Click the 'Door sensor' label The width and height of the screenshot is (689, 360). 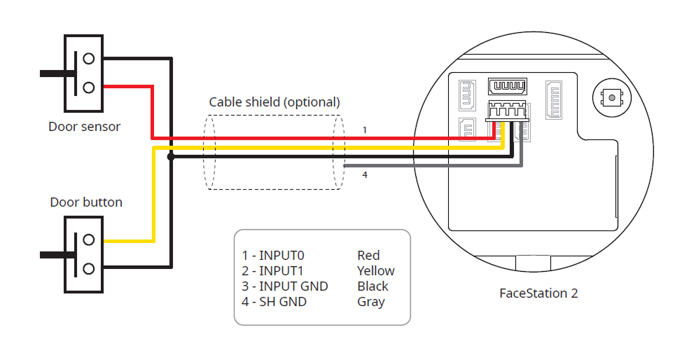(84, 127)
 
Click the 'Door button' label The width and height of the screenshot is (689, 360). (86, 202)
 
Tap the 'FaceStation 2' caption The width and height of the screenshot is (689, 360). (538, 293)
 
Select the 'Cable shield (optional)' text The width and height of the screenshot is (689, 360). (274, 102)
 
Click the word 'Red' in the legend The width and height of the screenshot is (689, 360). (368, 256)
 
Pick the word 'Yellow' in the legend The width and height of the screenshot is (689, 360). (376, 271)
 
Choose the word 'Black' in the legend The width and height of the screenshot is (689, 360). (373, 286)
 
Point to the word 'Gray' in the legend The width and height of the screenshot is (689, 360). (371, 302)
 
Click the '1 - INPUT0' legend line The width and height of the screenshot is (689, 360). (272, 256)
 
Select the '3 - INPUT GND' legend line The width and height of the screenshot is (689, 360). (285, 286)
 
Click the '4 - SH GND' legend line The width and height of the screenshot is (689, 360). (274, 302)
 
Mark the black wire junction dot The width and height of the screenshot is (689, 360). (170, 157)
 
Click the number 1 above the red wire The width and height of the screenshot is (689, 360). (364, 130)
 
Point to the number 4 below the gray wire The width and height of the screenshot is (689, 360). (364, 175)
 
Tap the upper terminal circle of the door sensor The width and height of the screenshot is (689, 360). (88, 57)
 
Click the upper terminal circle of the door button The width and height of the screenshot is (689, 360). (88, 240)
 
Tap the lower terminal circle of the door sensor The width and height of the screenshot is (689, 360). (88, 87)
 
